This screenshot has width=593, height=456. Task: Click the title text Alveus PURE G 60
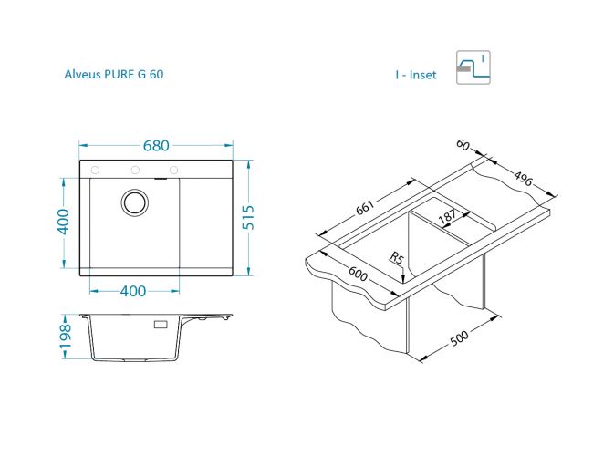[114, 74]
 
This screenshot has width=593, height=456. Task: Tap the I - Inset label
[416, 75]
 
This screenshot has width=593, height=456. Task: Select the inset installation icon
[473, 67]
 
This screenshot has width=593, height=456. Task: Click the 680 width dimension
[156, 146]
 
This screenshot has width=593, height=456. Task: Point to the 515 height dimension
[248, 217]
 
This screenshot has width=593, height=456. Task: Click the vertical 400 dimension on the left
[64, 222]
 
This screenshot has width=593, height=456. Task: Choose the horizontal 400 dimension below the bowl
[133, 291]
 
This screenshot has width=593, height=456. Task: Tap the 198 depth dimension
[65, 337]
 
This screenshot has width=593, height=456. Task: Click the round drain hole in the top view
[135, 202]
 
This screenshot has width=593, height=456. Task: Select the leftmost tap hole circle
[95, 171]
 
